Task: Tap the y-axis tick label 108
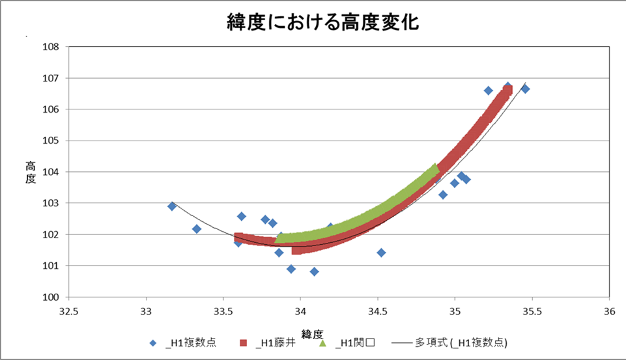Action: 51,47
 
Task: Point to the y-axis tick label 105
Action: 51,141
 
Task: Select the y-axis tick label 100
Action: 51,298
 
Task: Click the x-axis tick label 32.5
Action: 68,310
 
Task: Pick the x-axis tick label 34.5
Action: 378,310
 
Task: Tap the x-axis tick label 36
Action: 610,310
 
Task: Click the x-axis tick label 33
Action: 146,310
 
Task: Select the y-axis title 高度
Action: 30,173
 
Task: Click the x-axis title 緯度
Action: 312,333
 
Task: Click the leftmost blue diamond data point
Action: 172,206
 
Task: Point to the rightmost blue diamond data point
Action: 525,89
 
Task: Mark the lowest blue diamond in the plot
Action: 314,271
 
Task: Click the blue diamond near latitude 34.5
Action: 381,253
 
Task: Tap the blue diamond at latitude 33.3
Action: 197,228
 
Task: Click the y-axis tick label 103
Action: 51,203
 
